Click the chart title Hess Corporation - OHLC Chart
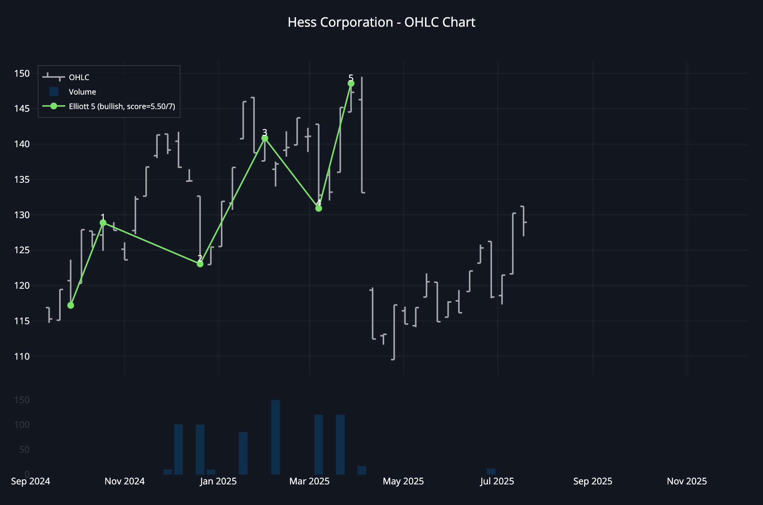(381, 23)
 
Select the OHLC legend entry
(79, 77)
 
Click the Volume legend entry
(82, 92)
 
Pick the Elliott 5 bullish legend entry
(122, 106)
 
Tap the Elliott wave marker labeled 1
(103, 223)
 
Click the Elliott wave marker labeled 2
(200, 264)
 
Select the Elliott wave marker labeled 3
(265, 138)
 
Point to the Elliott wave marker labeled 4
(319, 208)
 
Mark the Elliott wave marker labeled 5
(351, 84)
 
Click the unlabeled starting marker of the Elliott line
(71, 306)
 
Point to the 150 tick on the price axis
(22, 73)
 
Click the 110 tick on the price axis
(22, 357)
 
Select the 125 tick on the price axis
(22, 250)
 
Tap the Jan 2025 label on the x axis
(218, 481)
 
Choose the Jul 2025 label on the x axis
(497, 481)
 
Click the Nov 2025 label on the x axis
(687, 481)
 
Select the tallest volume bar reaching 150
(275, 437)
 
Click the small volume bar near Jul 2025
(491, 471)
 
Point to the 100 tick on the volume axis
(22, 425)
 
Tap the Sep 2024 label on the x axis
(31, 481)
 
